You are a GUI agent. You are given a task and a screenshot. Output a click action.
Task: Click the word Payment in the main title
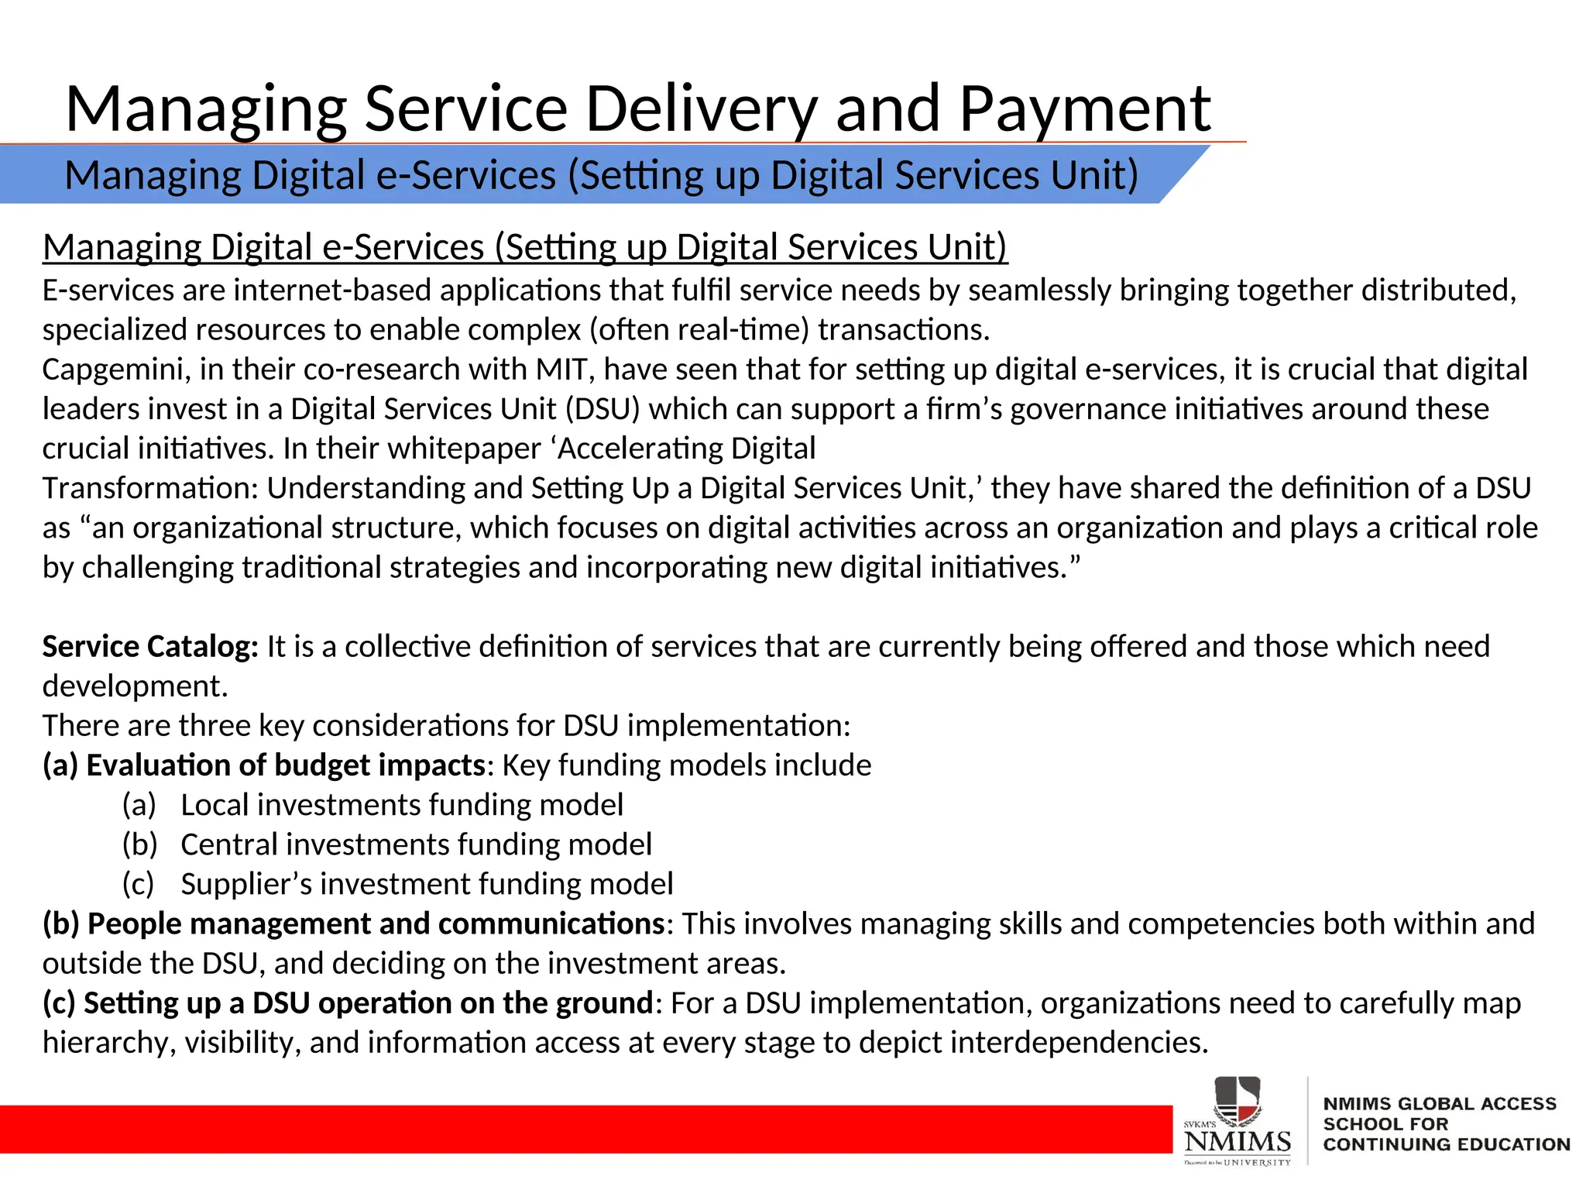1084,109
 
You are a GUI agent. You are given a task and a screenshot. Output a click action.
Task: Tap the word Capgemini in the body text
116,370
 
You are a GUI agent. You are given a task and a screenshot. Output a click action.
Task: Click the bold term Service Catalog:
150,647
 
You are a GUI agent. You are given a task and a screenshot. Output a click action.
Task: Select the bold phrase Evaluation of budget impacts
286,765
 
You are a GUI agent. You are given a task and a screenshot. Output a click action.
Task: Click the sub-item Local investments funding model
402,805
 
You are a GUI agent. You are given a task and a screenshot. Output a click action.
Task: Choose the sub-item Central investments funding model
416,844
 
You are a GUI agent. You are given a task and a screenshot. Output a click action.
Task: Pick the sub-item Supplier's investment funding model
427,884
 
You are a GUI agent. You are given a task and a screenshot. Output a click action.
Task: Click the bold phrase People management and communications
376,924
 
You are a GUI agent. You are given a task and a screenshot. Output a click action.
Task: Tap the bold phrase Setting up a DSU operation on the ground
369,1003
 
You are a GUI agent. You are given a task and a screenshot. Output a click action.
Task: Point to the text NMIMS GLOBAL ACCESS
1439,1104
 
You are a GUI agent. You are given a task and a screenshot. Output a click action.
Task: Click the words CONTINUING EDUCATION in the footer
1446,1144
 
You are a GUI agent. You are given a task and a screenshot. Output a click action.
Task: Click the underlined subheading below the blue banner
525,248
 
